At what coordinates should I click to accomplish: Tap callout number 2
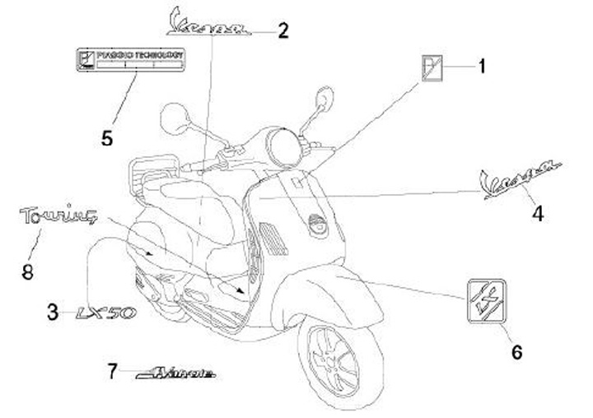283,31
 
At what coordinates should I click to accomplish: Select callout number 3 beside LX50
54,312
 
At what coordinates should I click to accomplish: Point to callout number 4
537,213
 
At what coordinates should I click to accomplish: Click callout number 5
107,137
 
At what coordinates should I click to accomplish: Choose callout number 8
27,271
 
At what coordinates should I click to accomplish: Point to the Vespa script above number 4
521,178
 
